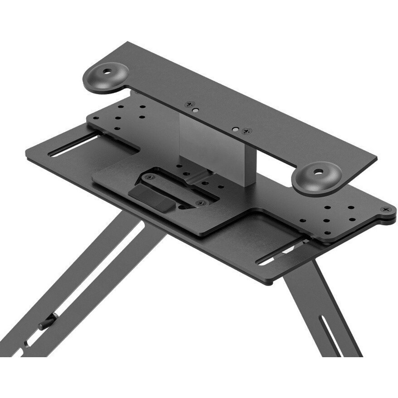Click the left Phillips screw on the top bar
(190, 104)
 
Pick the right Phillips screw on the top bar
(246, 131)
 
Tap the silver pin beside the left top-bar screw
(194, 110)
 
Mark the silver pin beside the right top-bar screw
(236, 129)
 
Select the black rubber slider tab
(151, 197)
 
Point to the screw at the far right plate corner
(386, 209)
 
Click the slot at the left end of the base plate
(73, 146)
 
